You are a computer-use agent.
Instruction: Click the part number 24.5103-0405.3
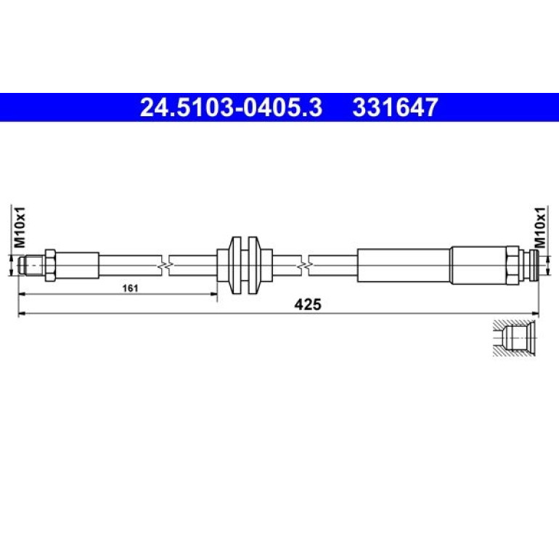231,107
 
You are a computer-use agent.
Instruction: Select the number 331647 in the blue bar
395,107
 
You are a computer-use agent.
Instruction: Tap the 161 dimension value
130,288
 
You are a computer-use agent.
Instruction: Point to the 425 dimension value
308,304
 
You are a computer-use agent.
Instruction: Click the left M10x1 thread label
20,227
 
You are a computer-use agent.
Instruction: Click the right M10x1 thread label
540,227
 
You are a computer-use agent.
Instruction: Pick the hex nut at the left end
50,266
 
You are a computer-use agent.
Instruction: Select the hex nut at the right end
513,265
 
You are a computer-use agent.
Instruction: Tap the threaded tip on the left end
32,266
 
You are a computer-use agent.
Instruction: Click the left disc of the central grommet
236,265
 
